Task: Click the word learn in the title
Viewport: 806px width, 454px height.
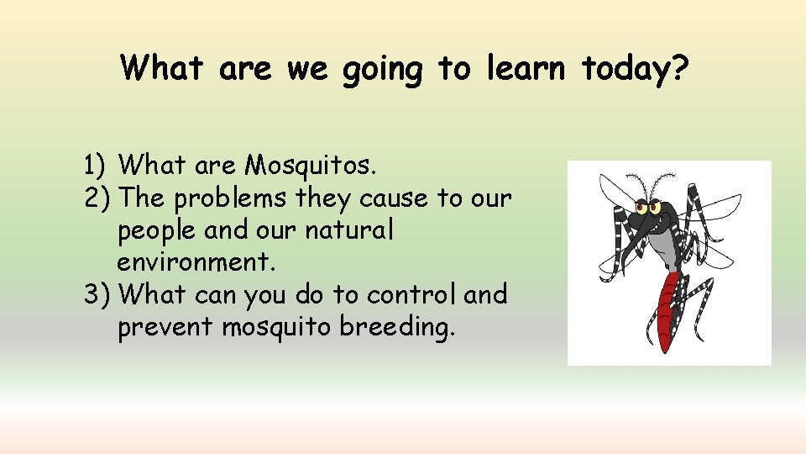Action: pos(526,67)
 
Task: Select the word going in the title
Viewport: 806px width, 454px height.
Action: pos(382,69)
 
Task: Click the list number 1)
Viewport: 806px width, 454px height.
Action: pos(97,166)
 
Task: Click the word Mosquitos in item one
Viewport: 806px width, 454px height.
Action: pos(310,166)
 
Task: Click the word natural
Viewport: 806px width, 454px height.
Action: pos(348,230)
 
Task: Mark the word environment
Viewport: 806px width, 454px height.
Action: pos(196,262)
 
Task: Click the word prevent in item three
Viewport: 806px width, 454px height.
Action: pos(165,327)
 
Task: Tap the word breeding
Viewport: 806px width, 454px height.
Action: pos(397,327)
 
